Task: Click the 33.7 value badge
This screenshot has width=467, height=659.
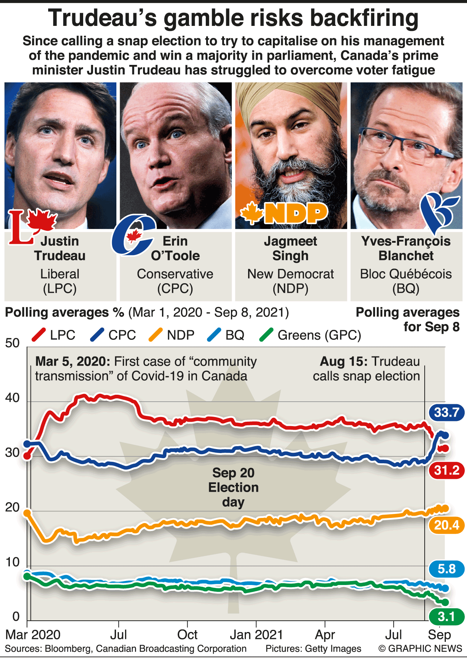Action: coord(447,413)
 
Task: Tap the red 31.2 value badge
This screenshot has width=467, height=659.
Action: coord(447,470)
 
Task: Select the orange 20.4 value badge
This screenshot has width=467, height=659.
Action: coord(447,525)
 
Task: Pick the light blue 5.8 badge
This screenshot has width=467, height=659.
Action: coord(447,569)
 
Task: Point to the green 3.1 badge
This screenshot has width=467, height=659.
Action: coord(447,617)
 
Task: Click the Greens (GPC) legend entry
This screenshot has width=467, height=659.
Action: coord(310,335)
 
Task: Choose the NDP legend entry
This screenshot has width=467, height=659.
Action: coord(172,335)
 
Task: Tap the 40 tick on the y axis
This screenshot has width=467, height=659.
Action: coord(12,398)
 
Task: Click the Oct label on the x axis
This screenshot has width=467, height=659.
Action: coord(187,635)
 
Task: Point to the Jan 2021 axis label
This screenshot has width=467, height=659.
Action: coord(256,635)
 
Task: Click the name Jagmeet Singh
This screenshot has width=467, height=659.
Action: coord(290,248)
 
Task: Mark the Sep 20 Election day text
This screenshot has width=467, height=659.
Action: coord(233,487)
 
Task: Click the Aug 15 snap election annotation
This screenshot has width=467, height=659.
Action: coord(366,369)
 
